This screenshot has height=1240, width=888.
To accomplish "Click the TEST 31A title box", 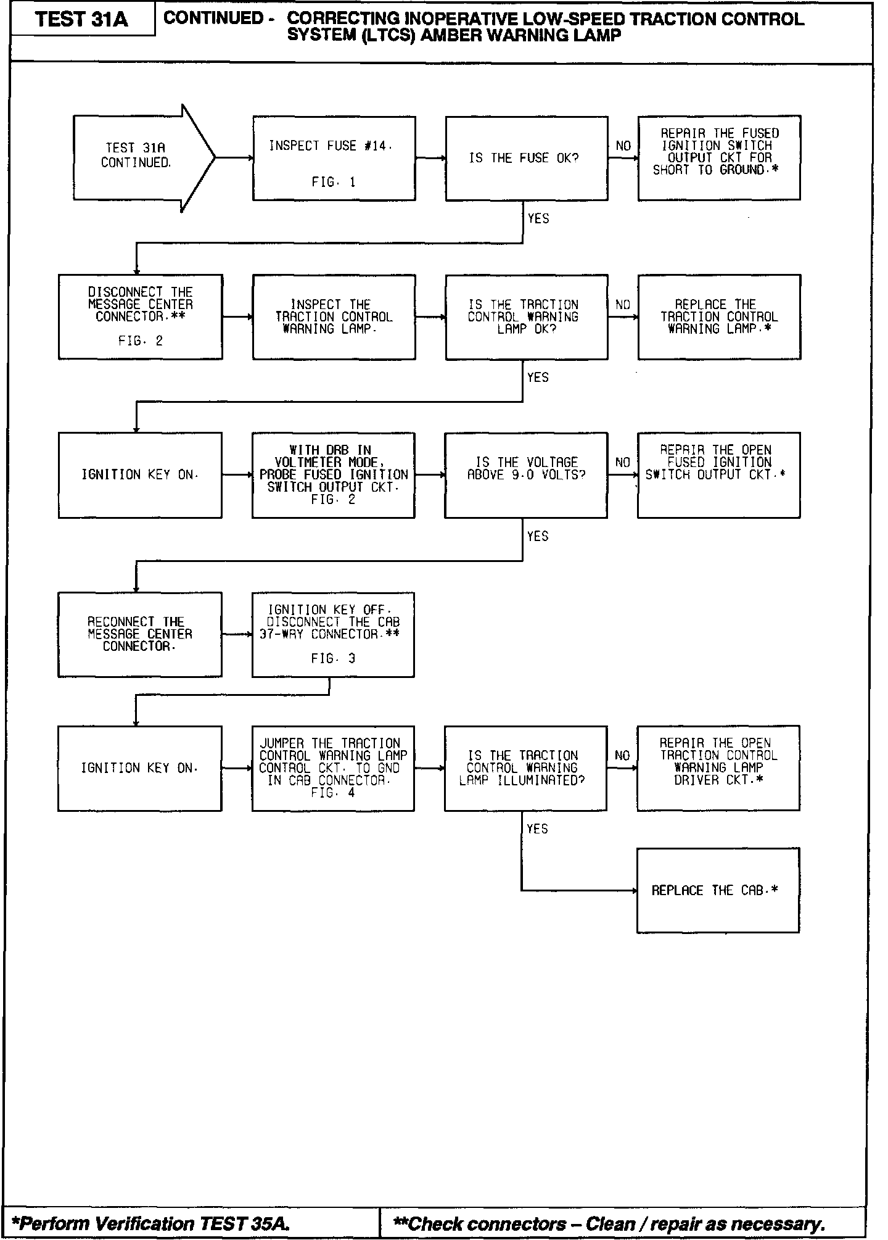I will coord(82,20).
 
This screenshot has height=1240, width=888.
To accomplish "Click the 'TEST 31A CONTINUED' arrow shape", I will coord(139,157).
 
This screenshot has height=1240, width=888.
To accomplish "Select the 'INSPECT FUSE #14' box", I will coord(334,159).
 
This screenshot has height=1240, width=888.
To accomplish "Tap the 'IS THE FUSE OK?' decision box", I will coord(526,159).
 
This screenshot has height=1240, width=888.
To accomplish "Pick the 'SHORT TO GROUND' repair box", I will coord(718,158).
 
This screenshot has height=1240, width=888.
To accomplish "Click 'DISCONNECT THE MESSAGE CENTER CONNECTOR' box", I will coord(141,316).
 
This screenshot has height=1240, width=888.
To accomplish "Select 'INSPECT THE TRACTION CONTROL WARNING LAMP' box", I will coord(334,317).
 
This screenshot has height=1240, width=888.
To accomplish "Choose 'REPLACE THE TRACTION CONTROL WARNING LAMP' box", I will coord(719,317).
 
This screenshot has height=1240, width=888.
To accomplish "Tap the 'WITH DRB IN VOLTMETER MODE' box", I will coord(333,475).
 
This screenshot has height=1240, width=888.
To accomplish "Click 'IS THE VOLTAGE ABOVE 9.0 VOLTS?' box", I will coord(525,475).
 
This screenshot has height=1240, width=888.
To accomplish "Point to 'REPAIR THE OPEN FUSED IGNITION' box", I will coord(718,475).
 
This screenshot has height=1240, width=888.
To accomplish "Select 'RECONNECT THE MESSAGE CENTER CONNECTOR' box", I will coord(140,634).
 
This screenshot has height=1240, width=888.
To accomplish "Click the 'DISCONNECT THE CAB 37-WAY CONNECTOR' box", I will coord(333,634).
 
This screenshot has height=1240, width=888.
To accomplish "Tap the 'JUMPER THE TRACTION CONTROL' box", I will coord(333,768).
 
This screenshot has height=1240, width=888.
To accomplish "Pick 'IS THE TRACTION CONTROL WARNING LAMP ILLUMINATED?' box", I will coord(525,768).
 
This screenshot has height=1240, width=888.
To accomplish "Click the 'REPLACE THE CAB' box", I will coord(718,890).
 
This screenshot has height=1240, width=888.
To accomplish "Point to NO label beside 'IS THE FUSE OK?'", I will coord(623,146).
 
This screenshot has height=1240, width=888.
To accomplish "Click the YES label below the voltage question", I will coord(538,536).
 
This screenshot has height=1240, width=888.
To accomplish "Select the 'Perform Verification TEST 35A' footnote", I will coord(151,1223).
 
